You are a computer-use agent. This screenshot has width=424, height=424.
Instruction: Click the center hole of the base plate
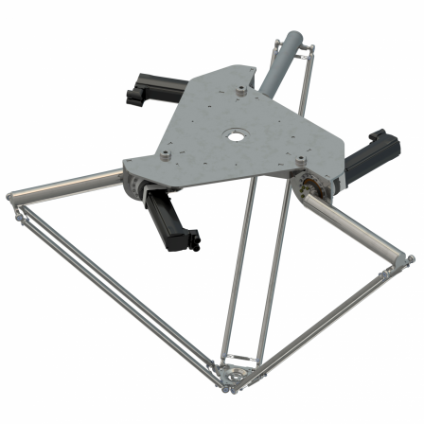pyautogui.click(x=233, y=135)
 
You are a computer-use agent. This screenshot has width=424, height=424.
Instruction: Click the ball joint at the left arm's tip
pyautogui.click(x=11, y=197)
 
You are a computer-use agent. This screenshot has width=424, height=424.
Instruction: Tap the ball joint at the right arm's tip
pyautogui.click(x=409, y=257)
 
